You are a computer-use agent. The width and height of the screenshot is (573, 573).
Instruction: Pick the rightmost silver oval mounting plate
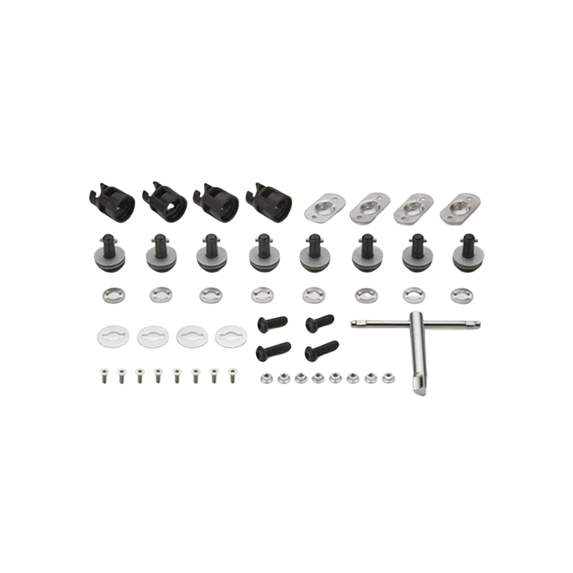456,208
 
